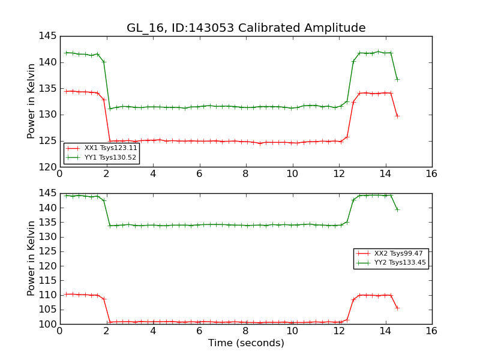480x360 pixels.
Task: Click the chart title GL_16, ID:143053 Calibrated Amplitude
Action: click(245, 28)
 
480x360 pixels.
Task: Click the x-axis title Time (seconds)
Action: click(246, 343)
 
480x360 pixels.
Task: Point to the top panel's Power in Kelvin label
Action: click(32, 101)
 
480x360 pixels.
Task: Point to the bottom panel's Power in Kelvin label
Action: click(32, 258)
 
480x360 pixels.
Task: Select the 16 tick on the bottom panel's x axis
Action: click(431, 331)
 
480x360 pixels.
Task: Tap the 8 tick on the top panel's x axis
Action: click(245, 174)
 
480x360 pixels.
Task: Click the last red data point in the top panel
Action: click(397, 116)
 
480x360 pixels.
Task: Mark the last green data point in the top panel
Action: click(397, 79)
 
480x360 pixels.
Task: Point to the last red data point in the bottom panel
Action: click(397, 308)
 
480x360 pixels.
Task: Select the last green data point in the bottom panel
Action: click(397, 209)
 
